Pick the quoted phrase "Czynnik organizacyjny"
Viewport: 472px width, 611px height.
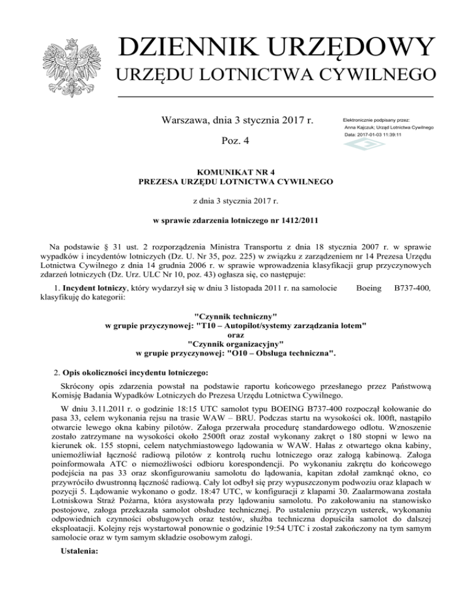(236, 344)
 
